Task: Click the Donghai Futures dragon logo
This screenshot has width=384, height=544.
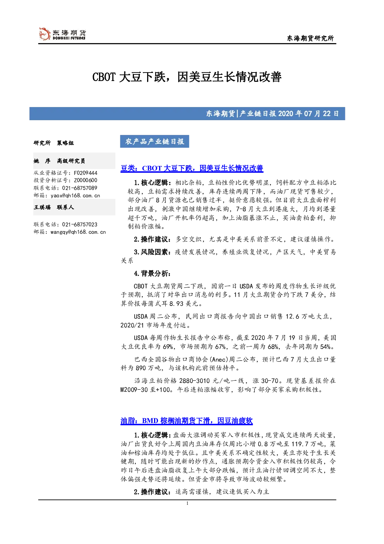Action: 45,34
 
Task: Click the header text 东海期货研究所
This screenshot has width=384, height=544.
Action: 310,38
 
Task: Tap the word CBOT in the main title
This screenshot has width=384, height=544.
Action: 104,77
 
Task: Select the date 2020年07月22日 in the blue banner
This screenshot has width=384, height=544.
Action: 308,114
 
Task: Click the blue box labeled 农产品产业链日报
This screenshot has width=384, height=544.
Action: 154,142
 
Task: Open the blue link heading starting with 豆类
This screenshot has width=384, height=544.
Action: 192,168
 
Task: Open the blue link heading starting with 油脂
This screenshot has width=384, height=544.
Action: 187,421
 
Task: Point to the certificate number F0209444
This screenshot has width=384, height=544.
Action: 86,173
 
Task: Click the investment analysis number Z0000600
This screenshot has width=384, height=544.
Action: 86,180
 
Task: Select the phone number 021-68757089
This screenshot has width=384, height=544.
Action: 79,188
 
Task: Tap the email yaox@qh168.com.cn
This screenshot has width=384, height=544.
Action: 75,195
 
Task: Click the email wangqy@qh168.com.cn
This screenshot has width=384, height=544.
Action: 78,232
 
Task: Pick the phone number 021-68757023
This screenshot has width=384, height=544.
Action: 79,225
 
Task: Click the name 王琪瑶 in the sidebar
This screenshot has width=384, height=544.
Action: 42,207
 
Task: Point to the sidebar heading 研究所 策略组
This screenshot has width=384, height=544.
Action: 53,143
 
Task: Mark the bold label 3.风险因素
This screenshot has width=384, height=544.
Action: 151,252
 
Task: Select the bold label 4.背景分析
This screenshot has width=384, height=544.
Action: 152,274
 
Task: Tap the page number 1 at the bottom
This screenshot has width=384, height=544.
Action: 187,503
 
